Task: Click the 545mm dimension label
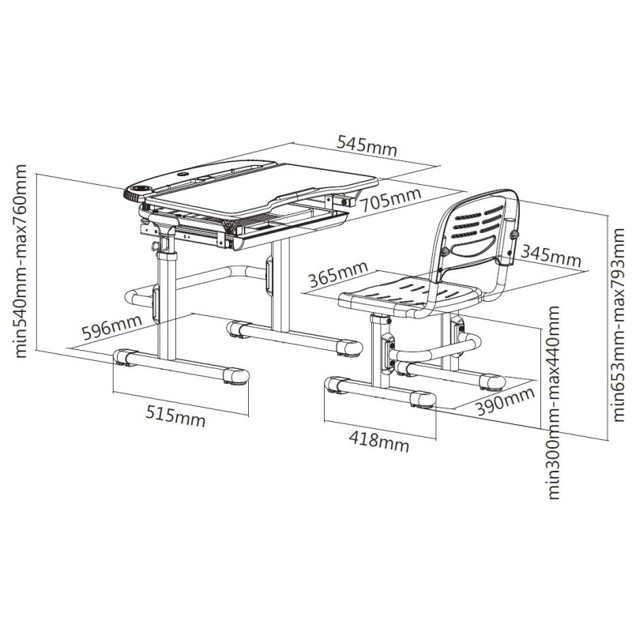tap(367, 146)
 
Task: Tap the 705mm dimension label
tap(390, 199)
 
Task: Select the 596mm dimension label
tap(111, 327)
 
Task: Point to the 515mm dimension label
tap(175, 416)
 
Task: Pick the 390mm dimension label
tap(505, 401)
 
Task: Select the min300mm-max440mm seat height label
tap(554, 403)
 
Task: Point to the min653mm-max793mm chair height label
tap(618, 325)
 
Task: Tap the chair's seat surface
tap(407, 294)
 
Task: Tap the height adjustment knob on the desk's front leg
tap(154, 245)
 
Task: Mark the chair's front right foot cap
tap(423, 399)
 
